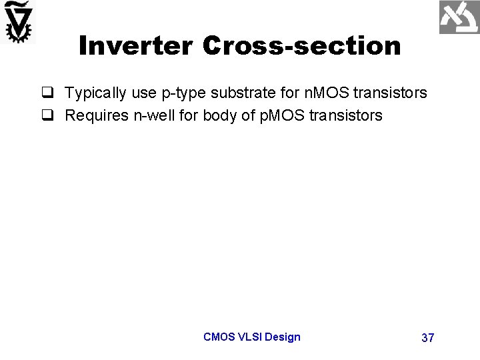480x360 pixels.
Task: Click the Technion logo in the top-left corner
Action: point(18,22)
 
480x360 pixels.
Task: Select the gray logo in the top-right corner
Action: point(459,17)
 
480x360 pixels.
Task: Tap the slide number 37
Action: point(428,338)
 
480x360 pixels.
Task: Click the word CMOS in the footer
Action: point(219,337)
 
